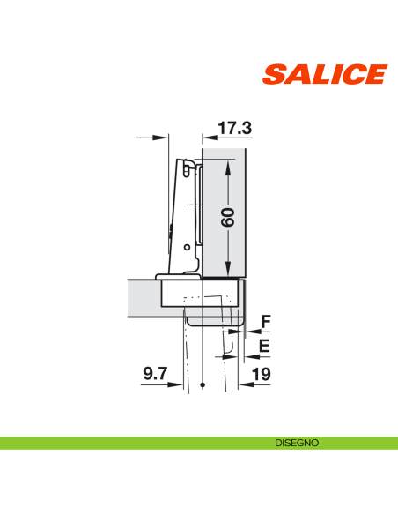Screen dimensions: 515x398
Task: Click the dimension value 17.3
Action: point(234,129)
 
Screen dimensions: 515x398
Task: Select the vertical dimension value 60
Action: point(228,218)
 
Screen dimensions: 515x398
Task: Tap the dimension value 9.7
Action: point(155,376)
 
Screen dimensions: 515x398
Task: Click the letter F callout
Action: point(264,321)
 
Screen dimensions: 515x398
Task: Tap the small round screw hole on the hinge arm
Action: point(186,248)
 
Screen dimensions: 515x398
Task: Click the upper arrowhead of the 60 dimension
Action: point(228,165)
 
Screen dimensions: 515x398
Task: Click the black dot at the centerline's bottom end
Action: point(203,385)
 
